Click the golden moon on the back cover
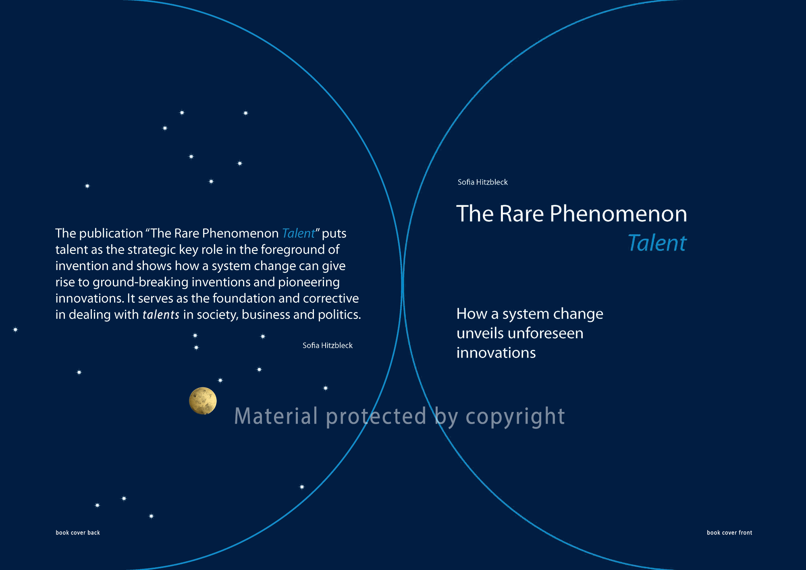point(203,401)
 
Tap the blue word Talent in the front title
point(657,243)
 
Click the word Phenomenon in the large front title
point(618,214)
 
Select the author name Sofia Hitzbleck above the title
point(482,182)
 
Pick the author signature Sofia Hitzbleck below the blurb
point(327,345)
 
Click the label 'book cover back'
point(78,533)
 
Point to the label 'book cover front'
point(729,533)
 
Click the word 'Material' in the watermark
point(276,416)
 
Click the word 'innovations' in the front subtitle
point(496,353)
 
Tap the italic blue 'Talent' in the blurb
point(298,233)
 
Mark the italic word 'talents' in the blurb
point(161,314)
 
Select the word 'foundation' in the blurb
point(243,298)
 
